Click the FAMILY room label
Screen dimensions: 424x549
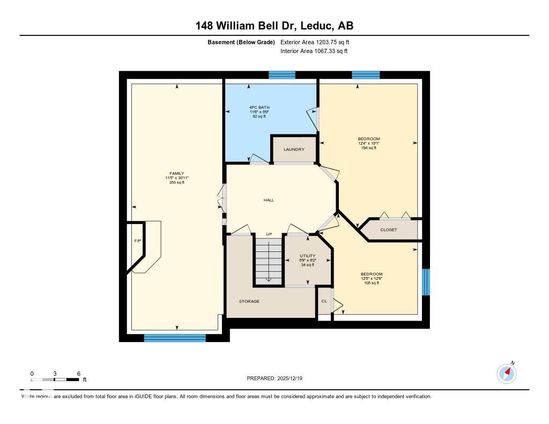(177, 174)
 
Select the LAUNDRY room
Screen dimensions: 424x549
(294, 150)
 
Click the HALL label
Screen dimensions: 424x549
(269, 200)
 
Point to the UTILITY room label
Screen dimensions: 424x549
(307, 256)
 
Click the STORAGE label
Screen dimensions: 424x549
(249, 301)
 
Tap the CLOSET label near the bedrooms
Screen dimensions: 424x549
(389, 230)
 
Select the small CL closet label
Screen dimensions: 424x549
(324, 301)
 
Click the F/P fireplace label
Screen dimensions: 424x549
(137, 241)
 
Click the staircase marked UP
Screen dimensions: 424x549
(268, 261)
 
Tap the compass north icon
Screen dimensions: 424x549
(507, 373)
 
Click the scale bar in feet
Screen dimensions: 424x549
(55, 380)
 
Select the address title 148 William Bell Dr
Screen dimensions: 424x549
(274, 26)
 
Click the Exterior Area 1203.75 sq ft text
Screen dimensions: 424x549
(315, 42)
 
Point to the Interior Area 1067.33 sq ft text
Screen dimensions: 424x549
(314, 51)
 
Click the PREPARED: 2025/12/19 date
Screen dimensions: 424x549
(278, 378)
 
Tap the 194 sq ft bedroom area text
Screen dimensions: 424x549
(369, 148)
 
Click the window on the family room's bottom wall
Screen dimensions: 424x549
(175, 338)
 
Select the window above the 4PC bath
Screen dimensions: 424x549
(282, 75)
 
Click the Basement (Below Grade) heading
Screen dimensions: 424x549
(241, 42)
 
